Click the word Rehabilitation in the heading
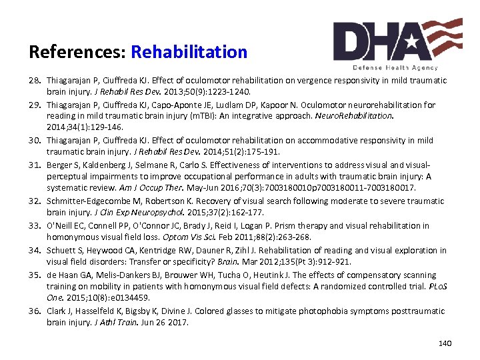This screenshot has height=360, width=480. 189,52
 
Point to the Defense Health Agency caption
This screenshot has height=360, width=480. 395,67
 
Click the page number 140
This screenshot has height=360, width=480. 445,343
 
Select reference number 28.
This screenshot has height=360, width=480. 36,81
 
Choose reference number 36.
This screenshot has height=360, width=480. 36,311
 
